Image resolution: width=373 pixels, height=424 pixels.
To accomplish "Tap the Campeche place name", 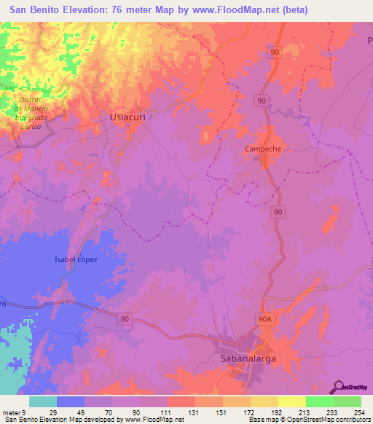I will pos(262,149).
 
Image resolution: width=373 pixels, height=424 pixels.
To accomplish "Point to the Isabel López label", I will pos(75,259).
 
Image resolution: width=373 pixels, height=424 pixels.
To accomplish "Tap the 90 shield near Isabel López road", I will pos(125,318).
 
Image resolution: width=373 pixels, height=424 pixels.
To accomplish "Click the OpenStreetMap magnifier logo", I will pos(339,387).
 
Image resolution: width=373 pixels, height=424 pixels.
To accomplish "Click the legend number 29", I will pos(52,412).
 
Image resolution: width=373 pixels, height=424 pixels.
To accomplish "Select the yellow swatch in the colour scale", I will pos(291,401).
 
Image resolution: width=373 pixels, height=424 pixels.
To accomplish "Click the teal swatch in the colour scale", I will pos(42,401).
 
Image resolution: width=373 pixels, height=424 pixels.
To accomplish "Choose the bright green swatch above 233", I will pos(319,401).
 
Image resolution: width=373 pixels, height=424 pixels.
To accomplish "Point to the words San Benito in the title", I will pos(36,9).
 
